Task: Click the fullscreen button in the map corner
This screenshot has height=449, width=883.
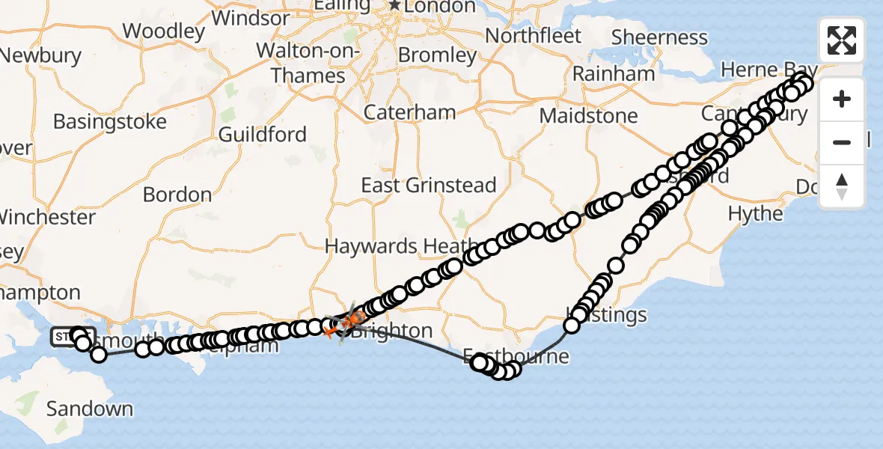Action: pyautogui.click(x=842, y=40)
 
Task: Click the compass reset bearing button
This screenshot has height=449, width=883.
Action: pyautogui.click(x=842, y=186)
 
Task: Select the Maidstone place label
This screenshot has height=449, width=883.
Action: pyautogui.click(x=588, y=116)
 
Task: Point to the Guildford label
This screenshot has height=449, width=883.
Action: pyautogui.click(x=263, y=135)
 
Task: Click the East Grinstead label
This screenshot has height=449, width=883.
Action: pyautogui.click(x=429, y=186)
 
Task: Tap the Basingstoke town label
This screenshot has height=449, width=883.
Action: pyautogui.click(x=110, y=121)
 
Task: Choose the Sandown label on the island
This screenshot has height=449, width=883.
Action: pyautogui.click(x=90, y=409)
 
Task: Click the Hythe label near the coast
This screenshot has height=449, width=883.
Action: pyautogui.click(x=755, y=214)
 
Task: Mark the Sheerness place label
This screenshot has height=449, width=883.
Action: pyautogui.click(x=659, y=37)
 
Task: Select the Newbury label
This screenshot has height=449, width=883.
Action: pyautogui.click(x=41, y=55)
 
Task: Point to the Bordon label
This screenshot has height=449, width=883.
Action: pyautogui.click(x=177, y=195)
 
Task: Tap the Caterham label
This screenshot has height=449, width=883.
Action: pyautogui.click(x=409, y=112)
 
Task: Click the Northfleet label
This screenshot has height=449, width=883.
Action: pyautogui.click(x=534, y=35)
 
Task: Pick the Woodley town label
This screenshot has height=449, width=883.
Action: pyautogui.click(x=164, y=31)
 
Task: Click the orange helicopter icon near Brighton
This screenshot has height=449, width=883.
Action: pyautogui.click(x=343, y=324)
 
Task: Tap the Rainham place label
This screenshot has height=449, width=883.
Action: pyautogui.click(x=614, y=74)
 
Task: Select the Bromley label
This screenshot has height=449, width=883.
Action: pyautogui.click(x=437, y=55)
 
